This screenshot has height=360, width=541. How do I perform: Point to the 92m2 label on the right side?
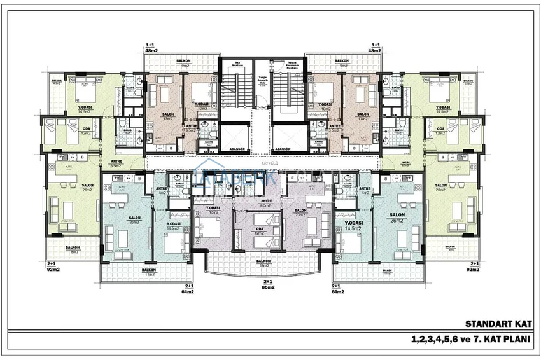[472, 269]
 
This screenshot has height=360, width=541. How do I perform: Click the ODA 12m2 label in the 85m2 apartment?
[259, 232]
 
